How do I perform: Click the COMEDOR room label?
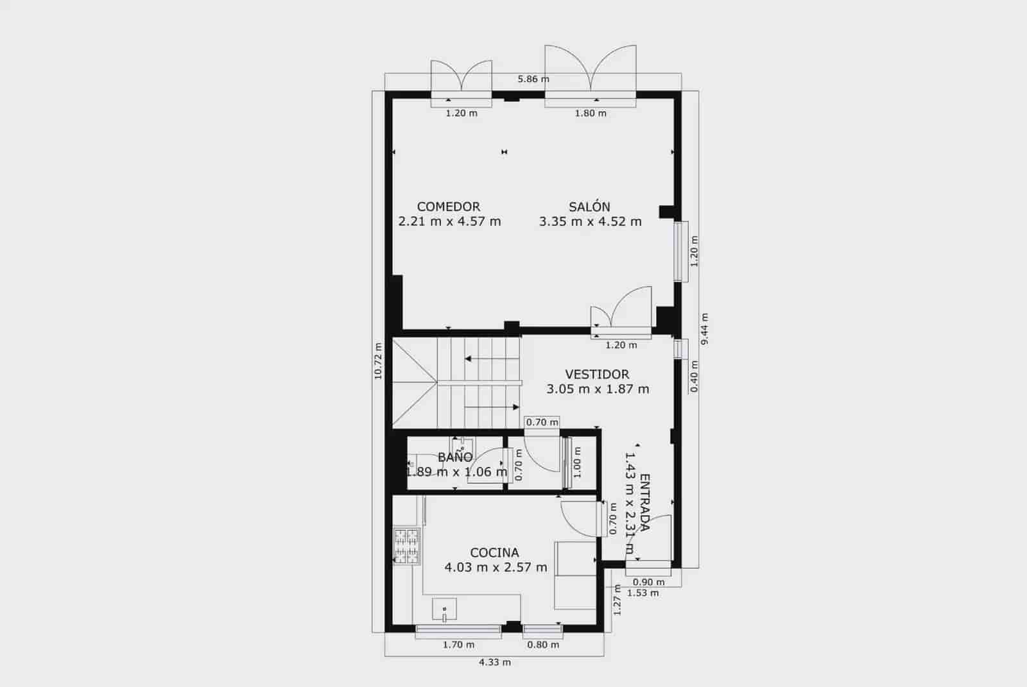[449, 207]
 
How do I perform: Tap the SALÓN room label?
[589, 207]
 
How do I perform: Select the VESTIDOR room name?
[597, 374]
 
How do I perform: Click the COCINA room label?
[494, 552]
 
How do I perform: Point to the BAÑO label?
[455, 457]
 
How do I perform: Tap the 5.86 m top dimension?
[533, 80]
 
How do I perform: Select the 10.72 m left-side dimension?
[378, 360]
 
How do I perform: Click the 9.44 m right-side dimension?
[705, 329]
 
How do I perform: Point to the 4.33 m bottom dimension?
[495, 662]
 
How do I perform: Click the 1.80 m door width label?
[590, 114]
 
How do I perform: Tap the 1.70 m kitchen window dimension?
[458, 645]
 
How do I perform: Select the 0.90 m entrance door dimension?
[648, 582]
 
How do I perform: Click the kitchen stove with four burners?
[406, 546]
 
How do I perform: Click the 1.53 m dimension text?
[643, 593]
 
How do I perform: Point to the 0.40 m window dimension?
[694, 376]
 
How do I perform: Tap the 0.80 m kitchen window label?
[543, 645]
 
